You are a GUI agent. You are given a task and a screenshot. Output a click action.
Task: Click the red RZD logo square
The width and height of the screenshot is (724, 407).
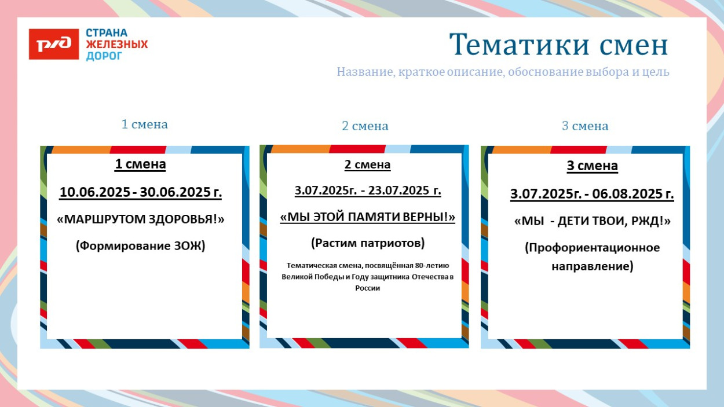click(53, 44)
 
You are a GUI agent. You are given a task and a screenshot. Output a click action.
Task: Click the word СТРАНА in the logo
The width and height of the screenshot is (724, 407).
click(107, 33)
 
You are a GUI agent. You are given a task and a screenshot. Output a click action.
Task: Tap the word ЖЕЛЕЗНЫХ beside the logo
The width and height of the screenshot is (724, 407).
click(117, 44)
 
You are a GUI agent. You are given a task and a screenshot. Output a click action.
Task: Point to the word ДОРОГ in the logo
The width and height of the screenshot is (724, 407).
click(104, 56)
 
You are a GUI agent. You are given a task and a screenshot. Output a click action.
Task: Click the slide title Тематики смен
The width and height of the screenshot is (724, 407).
click(558, 44)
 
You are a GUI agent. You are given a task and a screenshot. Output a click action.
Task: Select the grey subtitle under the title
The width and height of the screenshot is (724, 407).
click(503, 72)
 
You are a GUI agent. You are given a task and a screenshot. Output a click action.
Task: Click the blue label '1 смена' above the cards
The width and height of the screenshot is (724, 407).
click(144, 124)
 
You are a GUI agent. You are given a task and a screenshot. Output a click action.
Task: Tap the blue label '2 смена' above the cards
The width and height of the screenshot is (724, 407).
click(365, 126)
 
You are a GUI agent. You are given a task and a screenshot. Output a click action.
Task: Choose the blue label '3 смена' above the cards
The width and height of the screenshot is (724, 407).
click(585, 126)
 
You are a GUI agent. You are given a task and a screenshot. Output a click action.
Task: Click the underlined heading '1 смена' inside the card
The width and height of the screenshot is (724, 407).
click(141, 164)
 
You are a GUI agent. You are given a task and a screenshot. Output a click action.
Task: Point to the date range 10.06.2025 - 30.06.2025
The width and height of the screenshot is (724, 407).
click(141, 192)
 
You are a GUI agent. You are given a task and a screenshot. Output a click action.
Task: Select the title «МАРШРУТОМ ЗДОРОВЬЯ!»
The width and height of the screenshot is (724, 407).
click(141, 219)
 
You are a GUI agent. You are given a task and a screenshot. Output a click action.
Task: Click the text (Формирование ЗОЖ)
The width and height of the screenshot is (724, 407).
click(141, 245)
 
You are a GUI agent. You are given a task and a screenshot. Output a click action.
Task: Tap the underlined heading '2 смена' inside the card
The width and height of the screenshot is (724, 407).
click(367, 165)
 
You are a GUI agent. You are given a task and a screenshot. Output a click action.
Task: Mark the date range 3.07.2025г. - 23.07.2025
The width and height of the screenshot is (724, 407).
click(367, 190)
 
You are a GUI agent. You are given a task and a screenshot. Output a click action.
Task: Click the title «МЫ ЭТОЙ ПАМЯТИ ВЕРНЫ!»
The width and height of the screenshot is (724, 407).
click(367, 217)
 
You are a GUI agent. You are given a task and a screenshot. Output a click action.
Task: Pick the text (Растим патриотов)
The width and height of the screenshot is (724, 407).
click(367, 243)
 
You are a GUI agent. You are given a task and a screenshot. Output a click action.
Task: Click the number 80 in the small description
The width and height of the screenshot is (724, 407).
click(419, 265)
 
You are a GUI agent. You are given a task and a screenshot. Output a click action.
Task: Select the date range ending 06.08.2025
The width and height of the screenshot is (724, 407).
click(592, 194)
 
